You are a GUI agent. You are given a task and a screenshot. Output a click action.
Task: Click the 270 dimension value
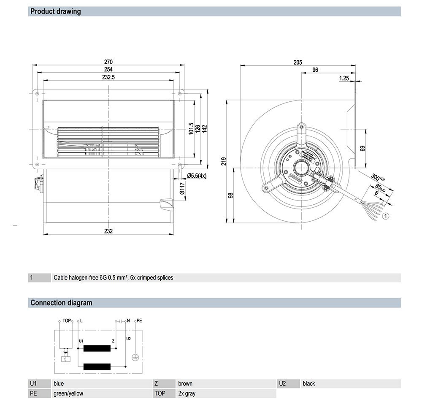click(109, 62)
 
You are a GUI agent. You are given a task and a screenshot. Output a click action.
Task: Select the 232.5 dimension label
click(109, 77)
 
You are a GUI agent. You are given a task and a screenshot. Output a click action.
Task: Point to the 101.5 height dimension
click(191, 129)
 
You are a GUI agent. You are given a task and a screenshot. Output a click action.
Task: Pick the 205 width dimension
click(298, 62)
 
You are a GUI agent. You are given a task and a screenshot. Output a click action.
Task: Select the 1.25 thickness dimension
click(344, 78)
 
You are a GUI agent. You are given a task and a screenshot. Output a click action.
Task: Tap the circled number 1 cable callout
click(386, 217)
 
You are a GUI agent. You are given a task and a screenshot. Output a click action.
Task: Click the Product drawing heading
click(55, 11)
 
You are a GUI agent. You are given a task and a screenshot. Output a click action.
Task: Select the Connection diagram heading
click(61, 303)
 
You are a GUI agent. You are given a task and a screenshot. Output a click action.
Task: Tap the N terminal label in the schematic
click(128, 321)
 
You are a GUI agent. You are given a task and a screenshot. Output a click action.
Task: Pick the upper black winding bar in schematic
click(97, 348)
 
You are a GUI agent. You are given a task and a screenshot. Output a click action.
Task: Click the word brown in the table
click(185, 384)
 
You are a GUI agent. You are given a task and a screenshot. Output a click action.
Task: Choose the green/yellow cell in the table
click(68, 393)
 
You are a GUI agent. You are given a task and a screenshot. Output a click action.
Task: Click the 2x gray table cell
click(187, 393)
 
